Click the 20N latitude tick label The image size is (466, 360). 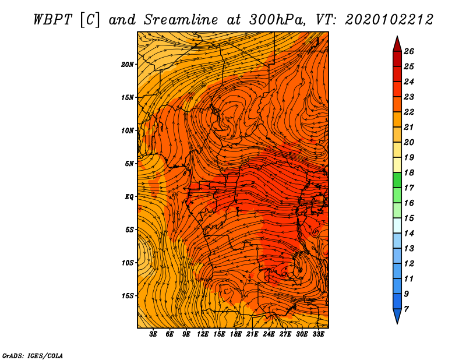[x=127, y=65]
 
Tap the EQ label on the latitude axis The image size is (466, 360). [x=129, y=197]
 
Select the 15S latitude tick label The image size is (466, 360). [x=128, y=296]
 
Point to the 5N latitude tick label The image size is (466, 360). [x=129, y=164]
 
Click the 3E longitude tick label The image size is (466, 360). [x=153, y=334]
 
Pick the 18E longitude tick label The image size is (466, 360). [x=235, y=334]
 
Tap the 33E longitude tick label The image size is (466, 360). [x=318, y=334]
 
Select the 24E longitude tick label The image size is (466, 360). [x=269, y=334]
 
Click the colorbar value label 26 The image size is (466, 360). [x=409, y=51]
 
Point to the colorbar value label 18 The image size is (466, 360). [x=409, y=172]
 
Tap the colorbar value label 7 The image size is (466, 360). [x=406, y=309]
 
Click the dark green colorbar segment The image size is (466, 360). [x=397, y=180]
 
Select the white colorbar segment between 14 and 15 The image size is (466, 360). [x=397, y=225]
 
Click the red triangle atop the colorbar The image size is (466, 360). [x=397, y=45]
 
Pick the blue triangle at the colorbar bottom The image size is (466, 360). [x=397, y=316]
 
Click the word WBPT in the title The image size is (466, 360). [x=52, y=20]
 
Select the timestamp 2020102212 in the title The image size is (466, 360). [x=389, y=20]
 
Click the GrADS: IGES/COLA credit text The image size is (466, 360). [x=33, y=355]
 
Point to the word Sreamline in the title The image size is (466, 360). [x=181, y=20]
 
